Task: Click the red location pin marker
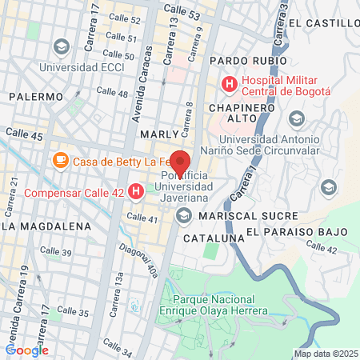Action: coord(180,162)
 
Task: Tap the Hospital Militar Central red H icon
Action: coord(230,82)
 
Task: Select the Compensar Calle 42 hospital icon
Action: coord(136,192)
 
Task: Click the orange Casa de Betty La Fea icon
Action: coord(61,161)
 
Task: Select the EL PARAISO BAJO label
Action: coord(296,232)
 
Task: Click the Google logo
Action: coord(26,350)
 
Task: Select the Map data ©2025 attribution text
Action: coord(326,354)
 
